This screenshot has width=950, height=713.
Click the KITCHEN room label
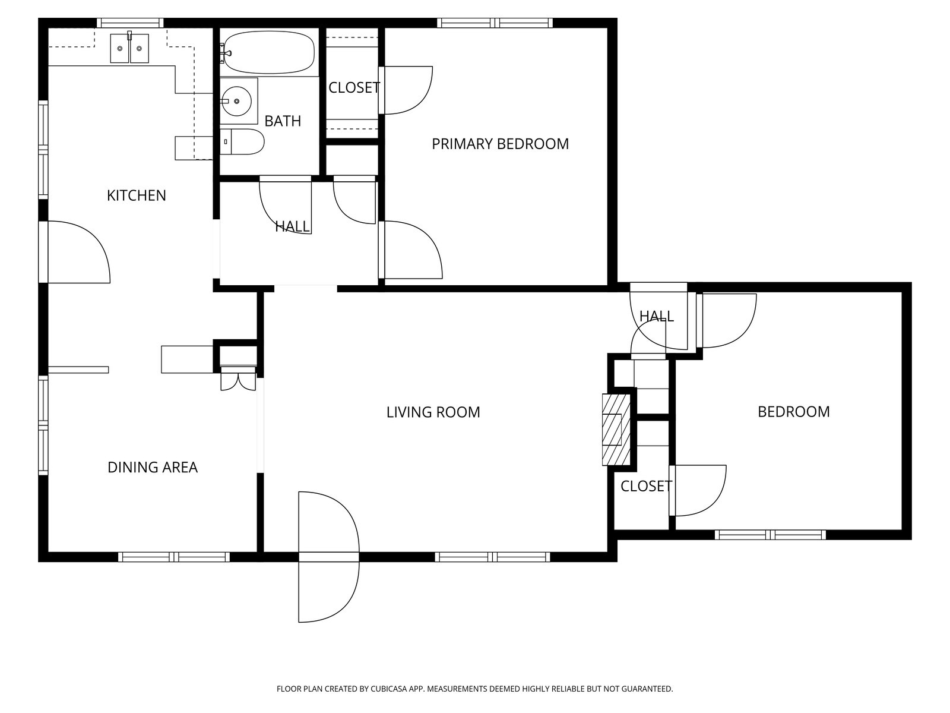pos(137,195)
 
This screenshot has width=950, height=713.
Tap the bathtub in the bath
pos(269,53)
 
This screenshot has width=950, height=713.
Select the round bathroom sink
pos(236,101)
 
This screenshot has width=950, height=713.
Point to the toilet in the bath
pos(242,141)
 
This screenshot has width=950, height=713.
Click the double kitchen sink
pos(129,48)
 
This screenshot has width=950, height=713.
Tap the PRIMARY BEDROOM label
pos(501,144)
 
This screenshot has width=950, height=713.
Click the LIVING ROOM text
pos(433,412)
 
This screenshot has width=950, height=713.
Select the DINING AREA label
pos(153,468)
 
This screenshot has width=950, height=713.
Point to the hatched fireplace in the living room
pos(616,430)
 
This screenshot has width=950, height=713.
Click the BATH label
pos(283,121)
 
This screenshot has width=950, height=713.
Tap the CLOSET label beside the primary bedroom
pos(354,88)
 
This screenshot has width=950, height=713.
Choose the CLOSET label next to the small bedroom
pos(646,486)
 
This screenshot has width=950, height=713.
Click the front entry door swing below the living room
pos(329,557)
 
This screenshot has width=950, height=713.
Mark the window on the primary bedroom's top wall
pos(495,23)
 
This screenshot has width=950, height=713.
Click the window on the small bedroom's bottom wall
pos(770,535)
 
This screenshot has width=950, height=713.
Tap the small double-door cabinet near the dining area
pos(238,378)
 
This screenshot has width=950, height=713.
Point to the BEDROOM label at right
pos(794,412)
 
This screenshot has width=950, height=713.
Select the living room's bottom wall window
pos(493,557)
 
